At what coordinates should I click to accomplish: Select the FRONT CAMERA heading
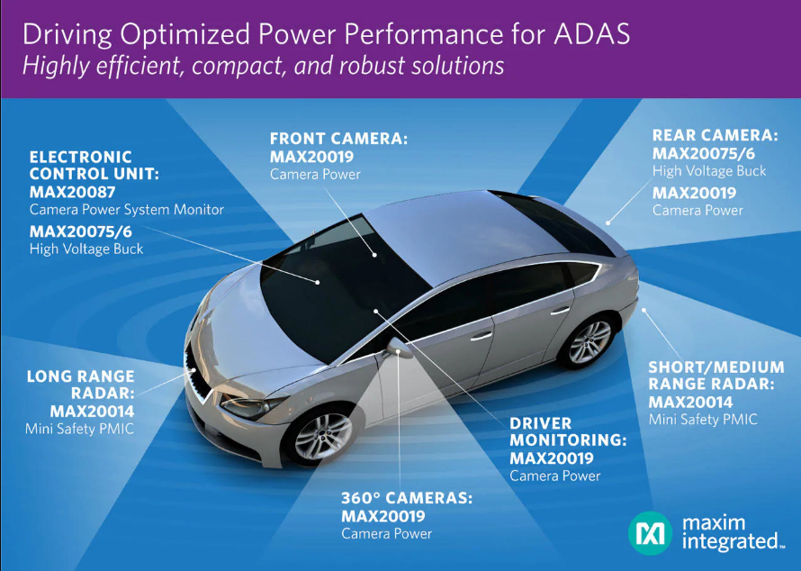click(x=338, y=139)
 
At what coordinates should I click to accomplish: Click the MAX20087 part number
click(x=73, y=192)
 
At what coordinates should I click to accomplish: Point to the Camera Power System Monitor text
click(x=127, y=210)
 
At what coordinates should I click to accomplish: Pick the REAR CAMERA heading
click(x=715, y=135)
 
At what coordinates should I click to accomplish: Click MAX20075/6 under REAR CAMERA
click(x=704, y=153)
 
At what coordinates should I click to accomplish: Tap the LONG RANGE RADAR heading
click(x=81, y=385)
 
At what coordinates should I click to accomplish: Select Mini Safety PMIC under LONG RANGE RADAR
click(x=80, y=429)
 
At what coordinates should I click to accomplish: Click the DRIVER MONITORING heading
click(x=568, y=431)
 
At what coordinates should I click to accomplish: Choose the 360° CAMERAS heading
click(x=407, y=498)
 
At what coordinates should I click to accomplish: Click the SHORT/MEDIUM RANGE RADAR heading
click(x=716, y=376)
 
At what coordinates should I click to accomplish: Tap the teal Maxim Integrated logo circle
click(x=650, y=533)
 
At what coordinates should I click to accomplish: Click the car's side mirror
click(x=399, y=348)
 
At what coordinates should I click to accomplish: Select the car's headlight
click(x=251, y=404)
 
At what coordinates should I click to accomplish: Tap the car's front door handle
click(x=481, y=336)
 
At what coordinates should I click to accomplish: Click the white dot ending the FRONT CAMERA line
click(x=374, y=254)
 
